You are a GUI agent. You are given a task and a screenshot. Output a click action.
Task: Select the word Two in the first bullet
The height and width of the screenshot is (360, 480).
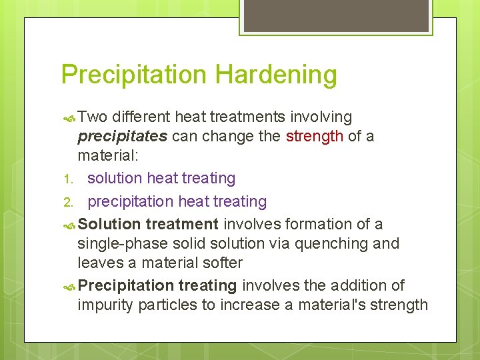(93, 117)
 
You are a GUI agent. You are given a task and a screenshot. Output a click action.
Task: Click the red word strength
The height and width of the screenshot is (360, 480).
(315, 137)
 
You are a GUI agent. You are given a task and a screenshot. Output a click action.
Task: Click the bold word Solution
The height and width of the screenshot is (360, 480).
(109, 225)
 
